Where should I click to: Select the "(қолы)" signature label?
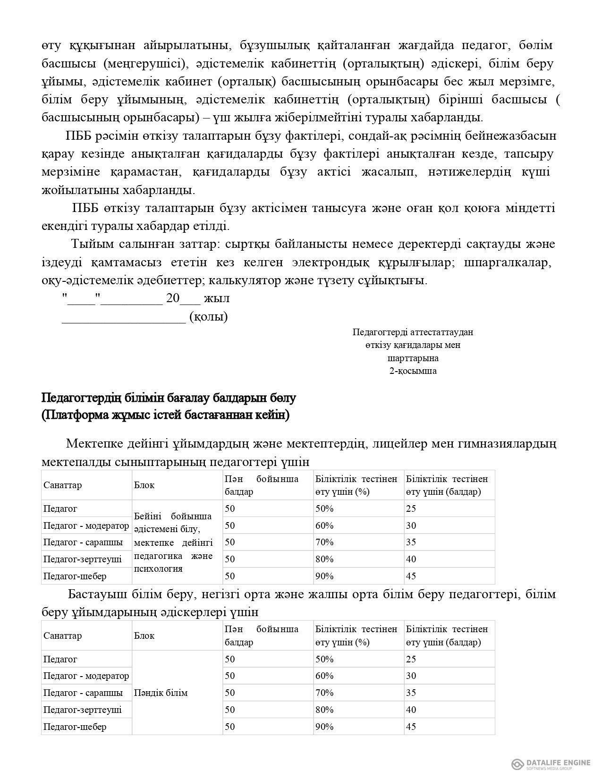[x=209, y=317]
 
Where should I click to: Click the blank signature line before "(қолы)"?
[x=124, y=319]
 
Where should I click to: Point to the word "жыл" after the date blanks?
[x=218, y=299]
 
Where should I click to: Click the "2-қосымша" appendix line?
[x=413, y=371]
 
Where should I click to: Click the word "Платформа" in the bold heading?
[x=76, y=415]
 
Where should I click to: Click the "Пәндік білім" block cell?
[x=161, y=693]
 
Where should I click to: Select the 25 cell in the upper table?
[x=411, y=509]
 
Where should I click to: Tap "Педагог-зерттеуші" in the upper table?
[x=83, y=559]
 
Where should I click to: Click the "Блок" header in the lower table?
[x=144, y=635]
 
